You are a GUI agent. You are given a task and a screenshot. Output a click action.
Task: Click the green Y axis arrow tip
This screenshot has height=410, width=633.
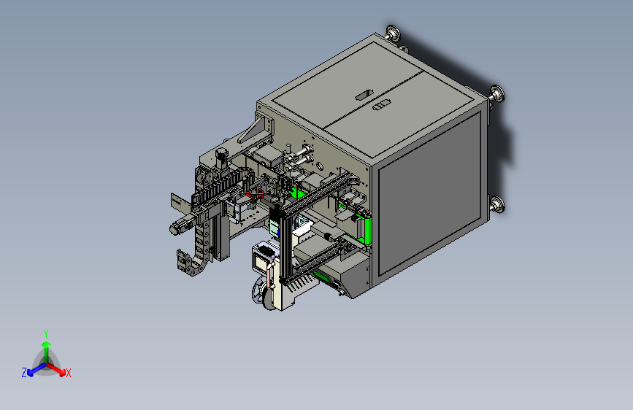(47, 344)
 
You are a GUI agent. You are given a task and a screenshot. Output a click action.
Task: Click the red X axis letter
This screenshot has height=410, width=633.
(68, 374)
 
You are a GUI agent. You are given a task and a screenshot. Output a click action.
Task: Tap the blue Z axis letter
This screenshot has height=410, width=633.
(24, 373)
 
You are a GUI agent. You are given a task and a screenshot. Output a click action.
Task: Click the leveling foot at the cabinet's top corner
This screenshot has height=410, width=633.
(393, 33)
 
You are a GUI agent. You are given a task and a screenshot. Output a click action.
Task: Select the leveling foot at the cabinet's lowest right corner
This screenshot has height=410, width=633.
(498, 206)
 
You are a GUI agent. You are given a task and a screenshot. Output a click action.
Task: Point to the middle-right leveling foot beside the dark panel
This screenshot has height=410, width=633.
(497, 95)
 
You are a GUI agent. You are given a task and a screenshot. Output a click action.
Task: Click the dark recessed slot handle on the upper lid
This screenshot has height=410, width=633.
(364, 95)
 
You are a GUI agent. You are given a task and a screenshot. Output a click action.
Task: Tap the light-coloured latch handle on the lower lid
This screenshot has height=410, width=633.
(382, 105)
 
